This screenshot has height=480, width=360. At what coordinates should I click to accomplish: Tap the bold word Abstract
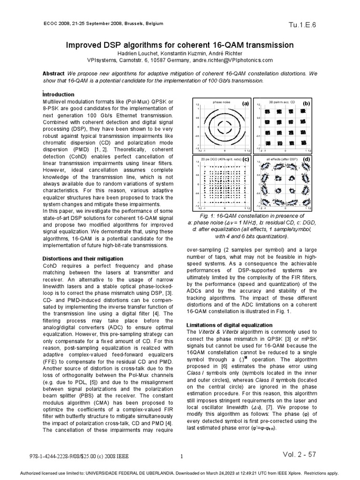(53, 74)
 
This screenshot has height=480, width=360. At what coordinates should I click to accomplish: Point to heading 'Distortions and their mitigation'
(83, 258)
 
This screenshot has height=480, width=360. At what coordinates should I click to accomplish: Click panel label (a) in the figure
(245, 103)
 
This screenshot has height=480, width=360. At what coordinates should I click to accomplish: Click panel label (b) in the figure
(306, 103)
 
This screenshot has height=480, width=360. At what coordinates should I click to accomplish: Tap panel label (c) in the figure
(245, 160)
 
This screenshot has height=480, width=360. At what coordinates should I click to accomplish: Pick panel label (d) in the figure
(306, 160)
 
